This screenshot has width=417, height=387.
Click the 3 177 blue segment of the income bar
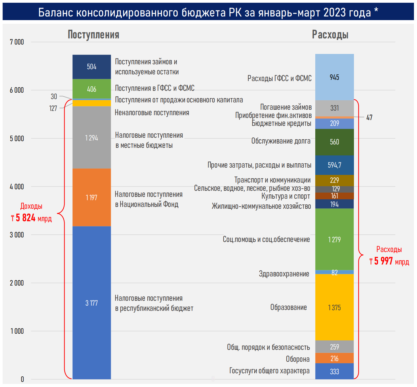click(x=92, y=303)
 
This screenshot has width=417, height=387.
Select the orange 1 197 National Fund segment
click(x=92, y=197)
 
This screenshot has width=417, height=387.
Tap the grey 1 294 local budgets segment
click(x=92, y=138)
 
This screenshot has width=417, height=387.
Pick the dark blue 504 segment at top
click(x=92, y=67)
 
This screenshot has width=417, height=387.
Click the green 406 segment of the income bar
click(x=92, y=89)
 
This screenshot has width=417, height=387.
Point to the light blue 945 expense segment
click(x=334, y=77)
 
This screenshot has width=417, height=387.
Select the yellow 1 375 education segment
click(x=334, y=307)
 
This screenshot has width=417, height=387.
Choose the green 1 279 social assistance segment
click(x=334, y=240)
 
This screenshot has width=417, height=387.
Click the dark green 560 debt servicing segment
click(x=334, y=142)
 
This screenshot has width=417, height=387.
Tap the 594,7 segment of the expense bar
click(x=334, y=165)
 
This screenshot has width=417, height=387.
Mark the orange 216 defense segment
click(x=334, y=358)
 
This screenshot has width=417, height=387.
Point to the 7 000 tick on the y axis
click(x=17, y=42)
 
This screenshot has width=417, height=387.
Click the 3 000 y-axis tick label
click(x=17, y=235)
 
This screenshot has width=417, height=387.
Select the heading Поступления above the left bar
click(x=94, y=35)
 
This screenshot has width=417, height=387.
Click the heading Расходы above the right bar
click(x=330, y=35)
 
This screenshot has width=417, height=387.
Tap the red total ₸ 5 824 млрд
click(x=31, y=218)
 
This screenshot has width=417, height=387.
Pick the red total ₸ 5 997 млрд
click(x=389, y=261)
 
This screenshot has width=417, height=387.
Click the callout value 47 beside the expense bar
click(x=369, y=118)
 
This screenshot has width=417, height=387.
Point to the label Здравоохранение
click(x=284, y=274)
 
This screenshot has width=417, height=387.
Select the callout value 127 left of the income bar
click(x=53, y=108)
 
